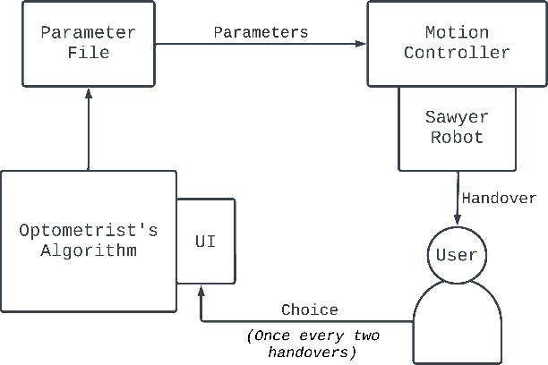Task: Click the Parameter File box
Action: click(88, 43)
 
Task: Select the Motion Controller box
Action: click(457, 43)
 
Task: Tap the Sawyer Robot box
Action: click(457, 128)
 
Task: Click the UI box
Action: click(205, 242)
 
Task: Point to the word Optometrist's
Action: click(89, 231)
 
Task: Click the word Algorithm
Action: click(89, 250)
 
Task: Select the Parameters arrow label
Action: click(261, 32)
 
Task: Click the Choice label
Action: click(310, 310)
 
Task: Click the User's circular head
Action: click(457, 255)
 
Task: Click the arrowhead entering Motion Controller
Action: click(362, 43)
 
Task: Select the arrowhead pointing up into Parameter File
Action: click(88, 94)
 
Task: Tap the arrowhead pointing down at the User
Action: click(457, 221)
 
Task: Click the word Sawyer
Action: click(457, 118)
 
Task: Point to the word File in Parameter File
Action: click(88, 53)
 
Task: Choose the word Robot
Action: click(457, 138)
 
